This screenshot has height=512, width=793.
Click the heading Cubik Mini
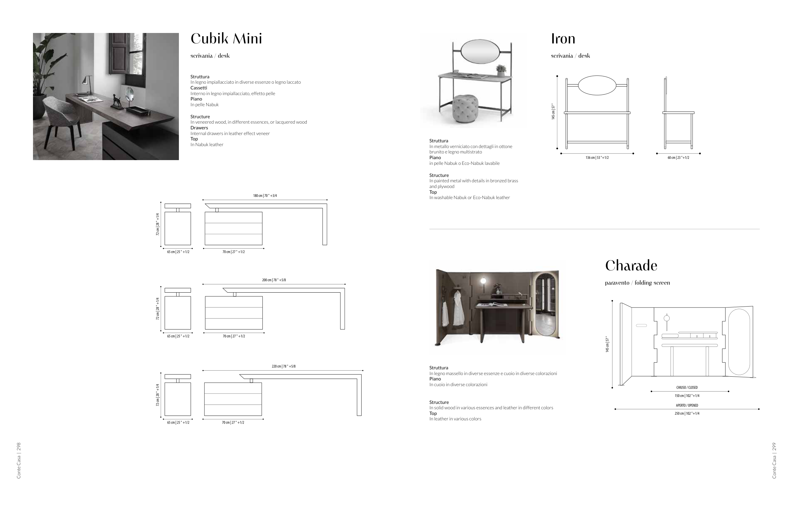(226, 39)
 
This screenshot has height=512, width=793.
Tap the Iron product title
(563, 39)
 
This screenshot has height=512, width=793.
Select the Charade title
(631, 266)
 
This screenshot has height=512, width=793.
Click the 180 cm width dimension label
(265, 196)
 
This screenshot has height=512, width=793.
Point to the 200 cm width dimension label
(274, 280)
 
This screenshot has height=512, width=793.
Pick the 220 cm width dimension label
(283, 366)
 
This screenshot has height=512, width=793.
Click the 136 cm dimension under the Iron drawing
(597, 158)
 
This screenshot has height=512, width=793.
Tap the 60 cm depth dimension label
(678, 158)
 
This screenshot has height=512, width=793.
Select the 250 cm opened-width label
(687, 414)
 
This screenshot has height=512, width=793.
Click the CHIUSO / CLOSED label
(687, 388)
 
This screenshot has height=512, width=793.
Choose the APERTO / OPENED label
(687, 405)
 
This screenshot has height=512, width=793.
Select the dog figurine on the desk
(116, 101)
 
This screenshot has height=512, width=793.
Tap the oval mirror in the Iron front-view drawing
(597, 86)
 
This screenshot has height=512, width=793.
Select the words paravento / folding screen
(637, 283)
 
